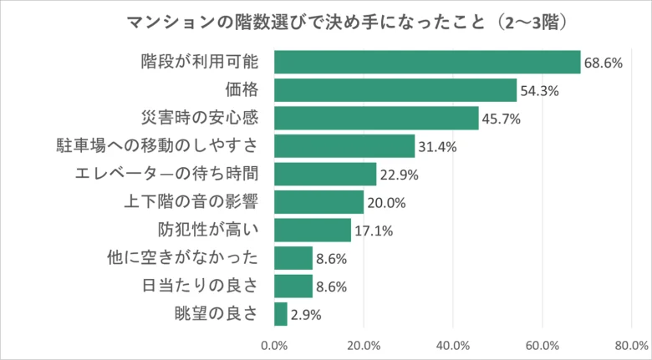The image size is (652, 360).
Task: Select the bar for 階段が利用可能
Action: pos(427,62)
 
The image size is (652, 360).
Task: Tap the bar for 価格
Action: pos(395,90)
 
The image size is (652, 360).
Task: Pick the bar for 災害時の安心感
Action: pos(376,118)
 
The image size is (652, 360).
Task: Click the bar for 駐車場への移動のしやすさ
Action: pos(344,146)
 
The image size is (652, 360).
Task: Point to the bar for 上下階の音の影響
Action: pos(318,202)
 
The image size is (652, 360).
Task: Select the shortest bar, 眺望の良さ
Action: pos(281,314)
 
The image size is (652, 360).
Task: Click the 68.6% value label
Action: pos(603,63)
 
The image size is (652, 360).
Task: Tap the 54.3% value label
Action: pos(539,91)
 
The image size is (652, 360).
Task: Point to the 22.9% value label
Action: pos(399,175)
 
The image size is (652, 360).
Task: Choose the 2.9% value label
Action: pos(305,315)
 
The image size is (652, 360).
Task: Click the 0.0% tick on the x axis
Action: pos(274,344)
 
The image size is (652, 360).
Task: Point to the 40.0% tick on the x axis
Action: pos(453,344)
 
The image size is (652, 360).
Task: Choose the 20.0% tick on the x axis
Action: pos(364,344)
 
